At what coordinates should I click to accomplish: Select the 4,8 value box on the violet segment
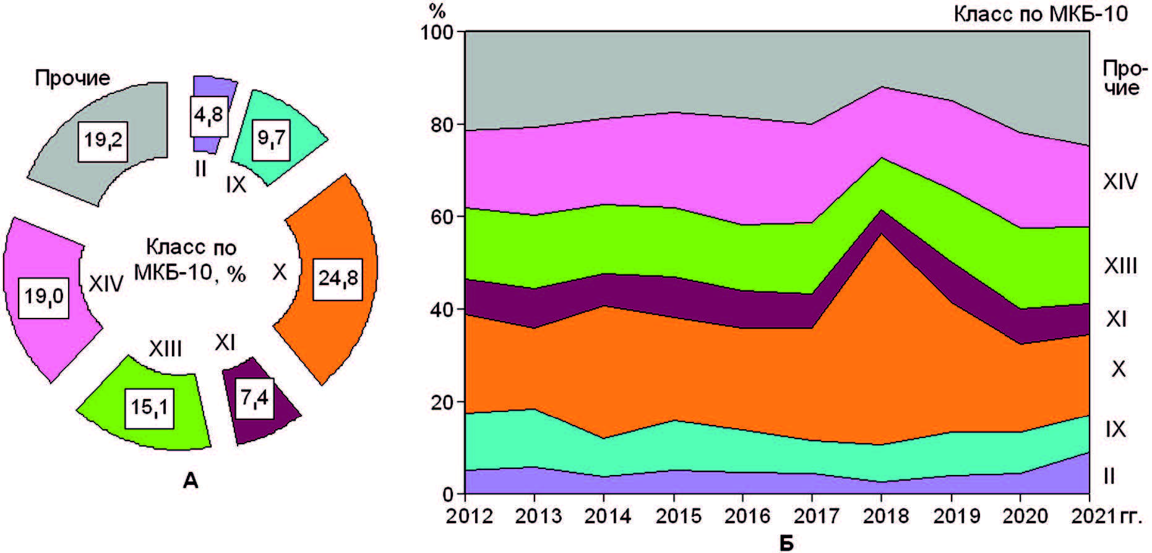coord(208,116)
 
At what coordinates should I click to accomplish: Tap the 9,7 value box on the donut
coord(272,139)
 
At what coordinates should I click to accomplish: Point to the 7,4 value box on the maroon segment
coord(254,398)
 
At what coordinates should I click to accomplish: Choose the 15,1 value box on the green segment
coord(149,408)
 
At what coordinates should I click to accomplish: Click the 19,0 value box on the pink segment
coord(43,297)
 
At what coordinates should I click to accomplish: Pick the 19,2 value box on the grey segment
coord(103,140)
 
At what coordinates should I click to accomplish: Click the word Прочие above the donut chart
coord(72,78)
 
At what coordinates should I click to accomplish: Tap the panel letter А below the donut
coord(191,480)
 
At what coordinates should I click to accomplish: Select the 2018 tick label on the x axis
coord(881,515)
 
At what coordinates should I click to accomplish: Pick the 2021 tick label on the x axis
coord(1089,515)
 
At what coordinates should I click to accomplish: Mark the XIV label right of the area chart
coord(1120,182)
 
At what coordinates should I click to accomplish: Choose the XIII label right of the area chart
coord(1120,266)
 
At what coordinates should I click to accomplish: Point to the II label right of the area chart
coord(1109,476)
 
